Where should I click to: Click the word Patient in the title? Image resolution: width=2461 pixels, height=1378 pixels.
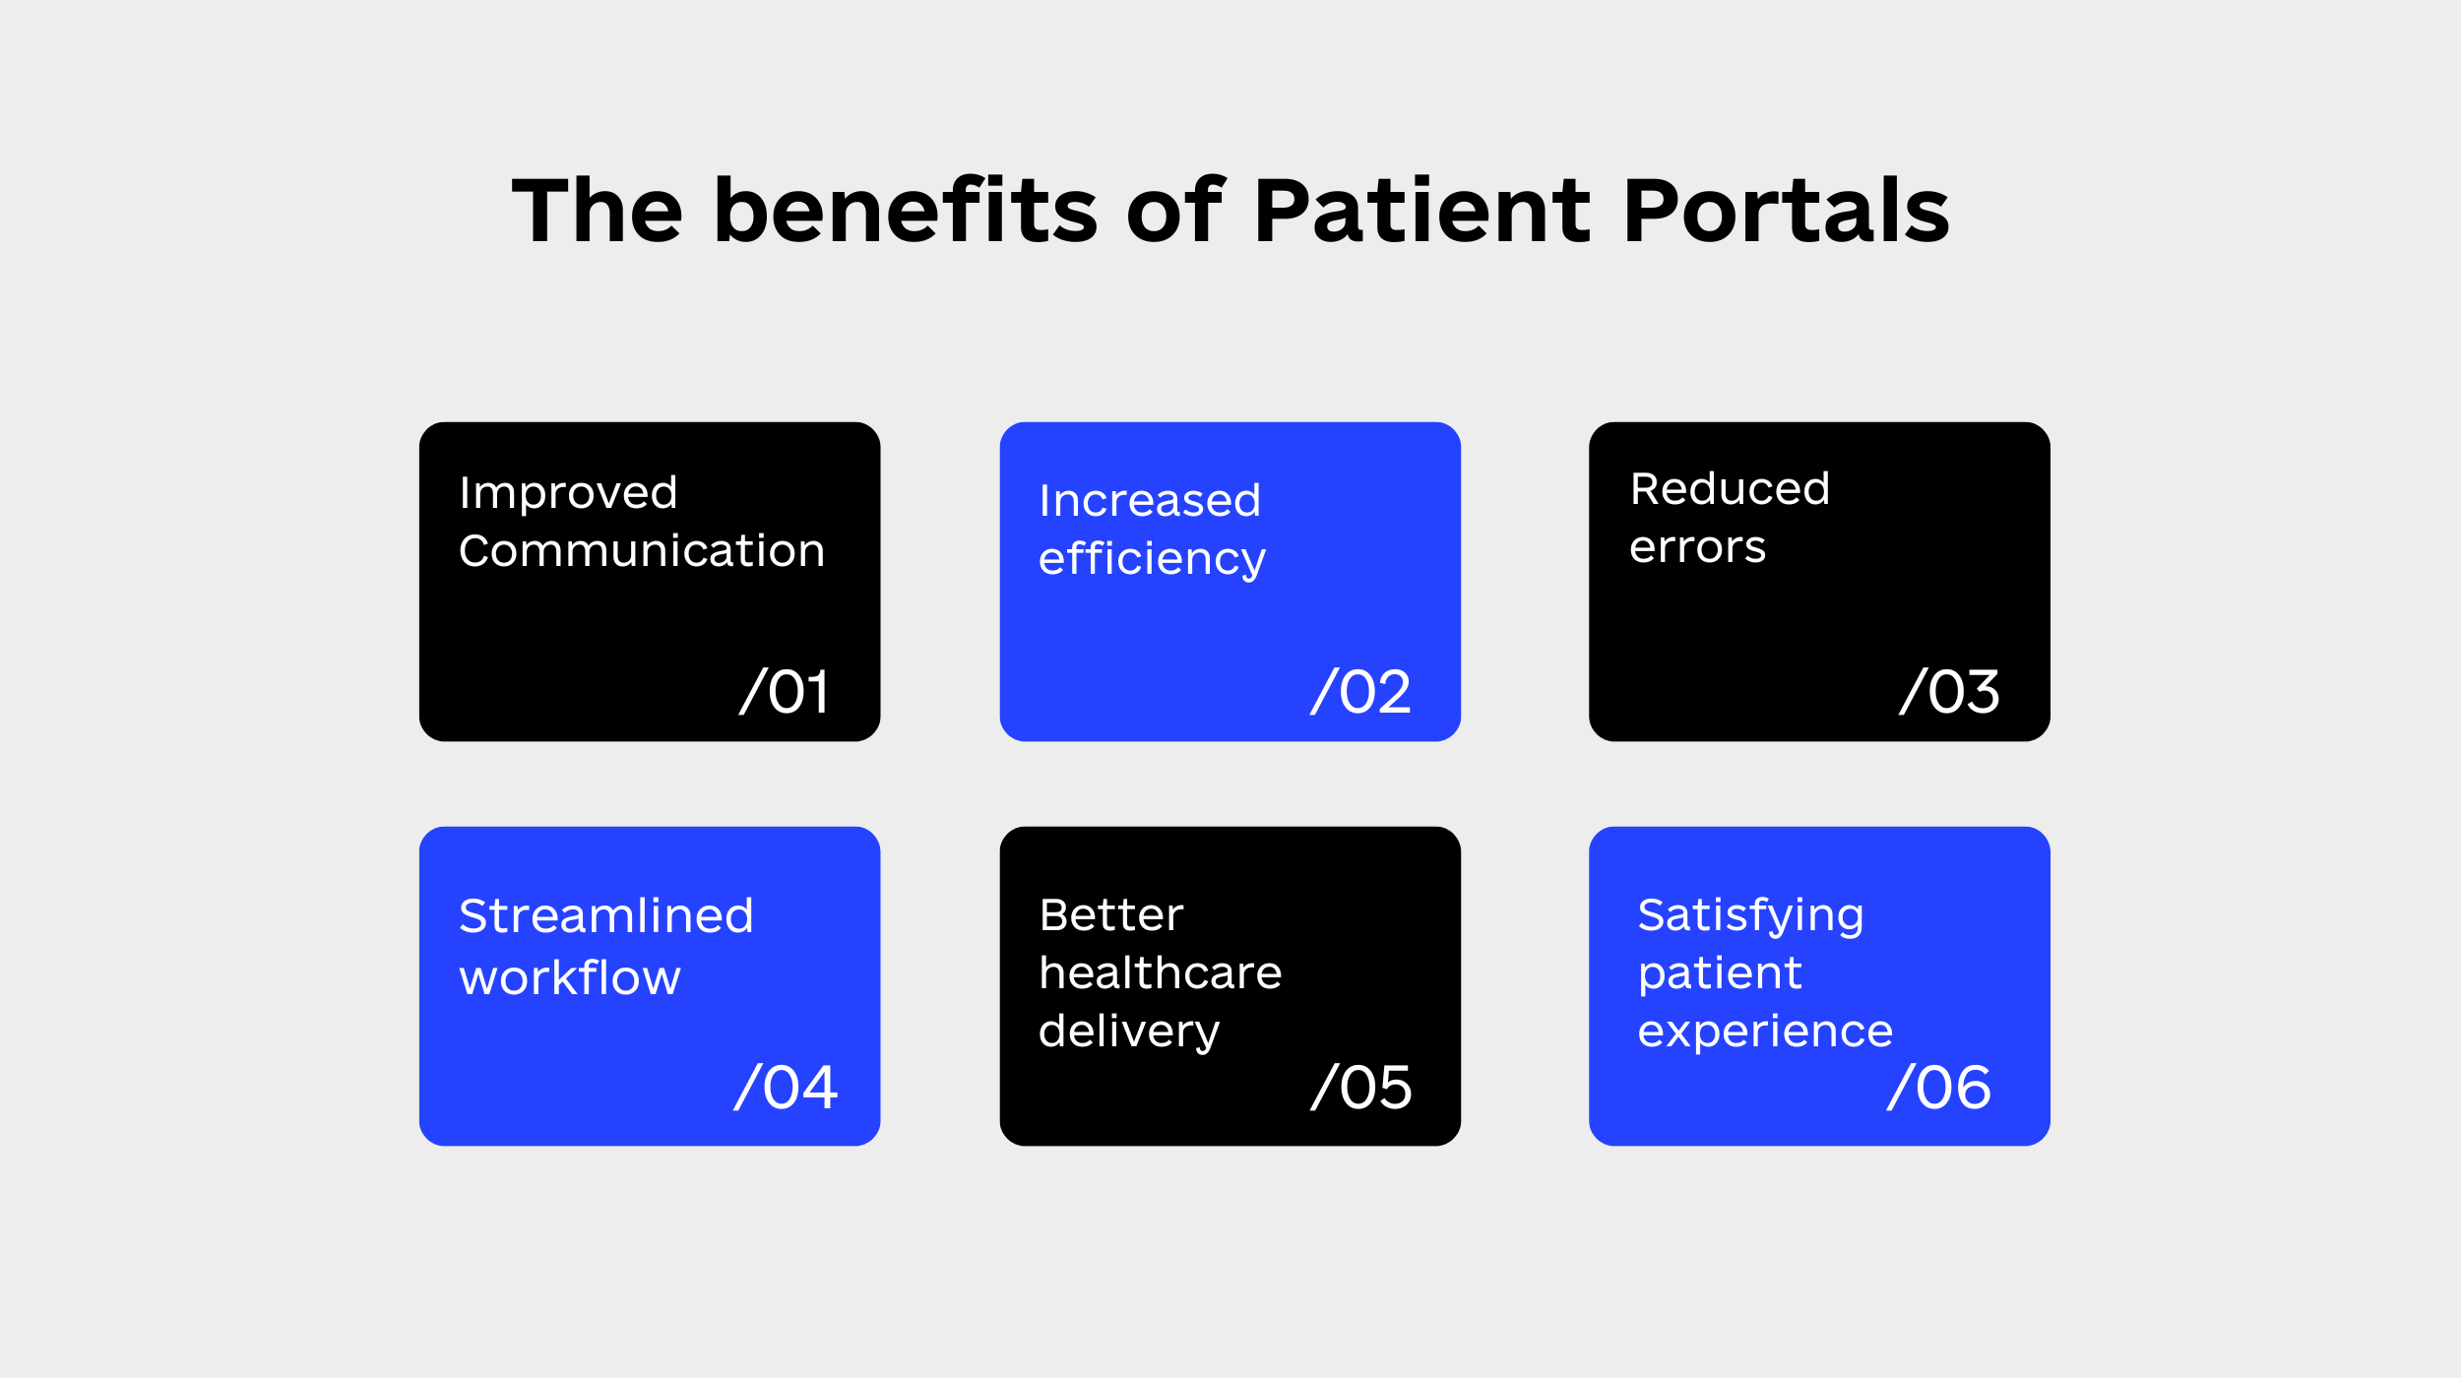tap(1421, 211)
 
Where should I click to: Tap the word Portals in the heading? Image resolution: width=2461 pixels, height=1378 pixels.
tap(1786, 210)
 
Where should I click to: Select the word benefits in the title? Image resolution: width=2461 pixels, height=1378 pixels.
tap(905, 210)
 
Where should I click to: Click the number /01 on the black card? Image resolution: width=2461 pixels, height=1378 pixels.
tap(785, 691)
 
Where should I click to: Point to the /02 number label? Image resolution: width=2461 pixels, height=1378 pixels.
tap(1360, 691)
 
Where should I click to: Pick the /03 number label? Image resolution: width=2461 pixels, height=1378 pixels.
tap(1949, 691)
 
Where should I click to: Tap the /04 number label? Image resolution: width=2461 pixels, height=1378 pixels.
tap(786, 1088)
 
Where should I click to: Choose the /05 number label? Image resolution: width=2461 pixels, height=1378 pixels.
tap(1361, 1088)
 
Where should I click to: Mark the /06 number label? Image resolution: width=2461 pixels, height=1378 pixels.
tap(1939, 1088)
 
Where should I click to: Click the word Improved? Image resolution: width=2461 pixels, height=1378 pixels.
tap(568, 493)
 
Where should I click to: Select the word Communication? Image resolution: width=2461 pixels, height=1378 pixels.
tap(642, 551)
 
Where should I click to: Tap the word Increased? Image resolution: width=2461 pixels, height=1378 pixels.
tap(1150, 501)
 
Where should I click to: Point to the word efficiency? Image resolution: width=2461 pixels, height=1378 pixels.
tap(1152, 559)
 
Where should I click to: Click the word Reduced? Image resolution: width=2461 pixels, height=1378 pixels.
tap(1730, 489)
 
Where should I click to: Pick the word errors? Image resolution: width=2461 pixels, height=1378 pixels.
tap(1697, 548)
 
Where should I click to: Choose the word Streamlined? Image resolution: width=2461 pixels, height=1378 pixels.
tap(606, 916)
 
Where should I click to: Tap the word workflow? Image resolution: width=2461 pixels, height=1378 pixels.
tap(570, 977)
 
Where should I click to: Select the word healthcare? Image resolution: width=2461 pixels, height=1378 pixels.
tap(1161, 972)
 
